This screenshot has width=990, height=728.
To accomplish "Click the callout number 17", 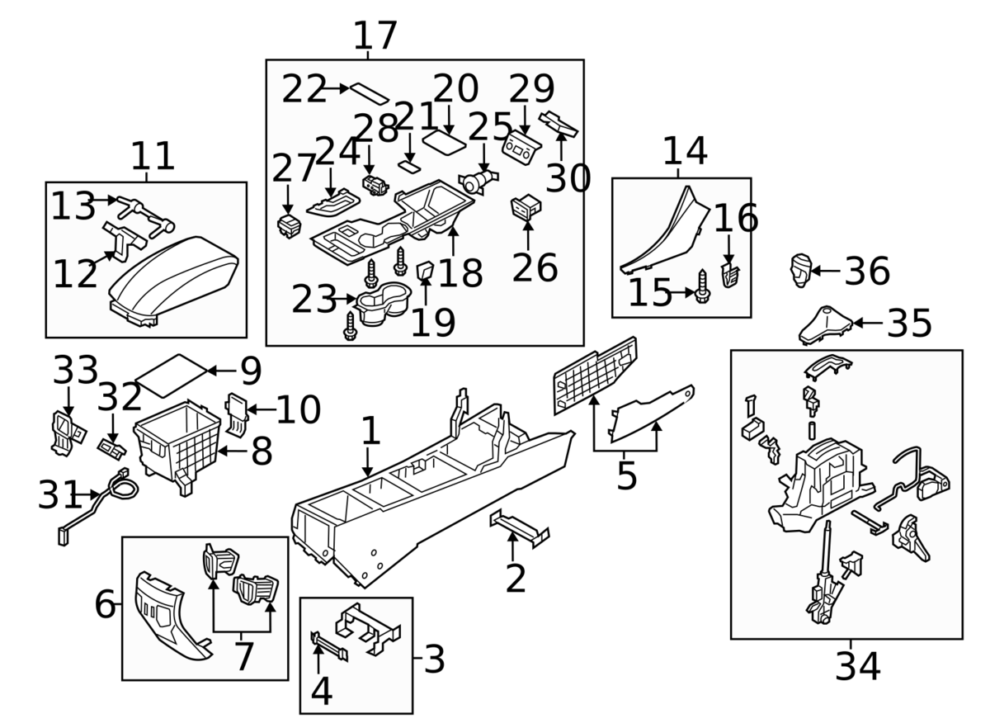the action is point(375,35).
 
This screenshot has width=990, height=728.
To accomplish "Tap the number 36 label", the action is point(867,271).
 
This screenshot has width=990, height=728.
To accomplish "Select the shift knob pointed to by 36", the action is point(801,270).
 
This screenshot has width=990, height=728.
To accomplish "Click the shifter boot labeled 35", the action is point(825,325).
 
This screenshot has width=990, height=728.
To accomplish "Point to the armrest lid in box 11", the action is point(174,279).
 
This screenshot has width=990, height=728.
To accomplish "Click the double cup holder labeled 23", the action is point(383,303).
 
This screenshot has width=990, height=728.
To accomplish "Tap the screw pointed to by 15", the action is point(702,286).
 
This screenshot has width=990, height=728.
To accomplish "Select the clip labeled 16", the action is point(729,275).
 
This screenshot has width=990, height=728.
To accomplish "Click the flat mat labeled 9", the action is point(171,375).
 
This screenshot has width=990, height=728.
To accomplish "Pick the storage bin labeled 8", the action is point(177,447).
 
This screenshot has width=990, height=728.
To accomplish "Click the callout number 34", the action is point(857,667).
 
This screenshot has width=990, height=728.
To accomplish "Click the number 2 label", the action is point(516,579).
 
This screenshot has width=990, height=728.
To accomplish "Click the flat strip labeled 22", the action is point(370,93).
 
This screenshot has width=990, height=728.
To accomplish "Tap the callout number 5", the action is point(627,476).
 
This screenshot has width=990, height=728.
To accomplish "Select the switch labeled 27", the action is point(290,225).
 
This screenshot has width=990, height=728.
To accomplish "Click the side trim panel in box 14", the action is point(665,231).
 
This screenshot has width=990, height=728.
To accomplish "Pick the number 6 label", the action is point(106,604).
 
